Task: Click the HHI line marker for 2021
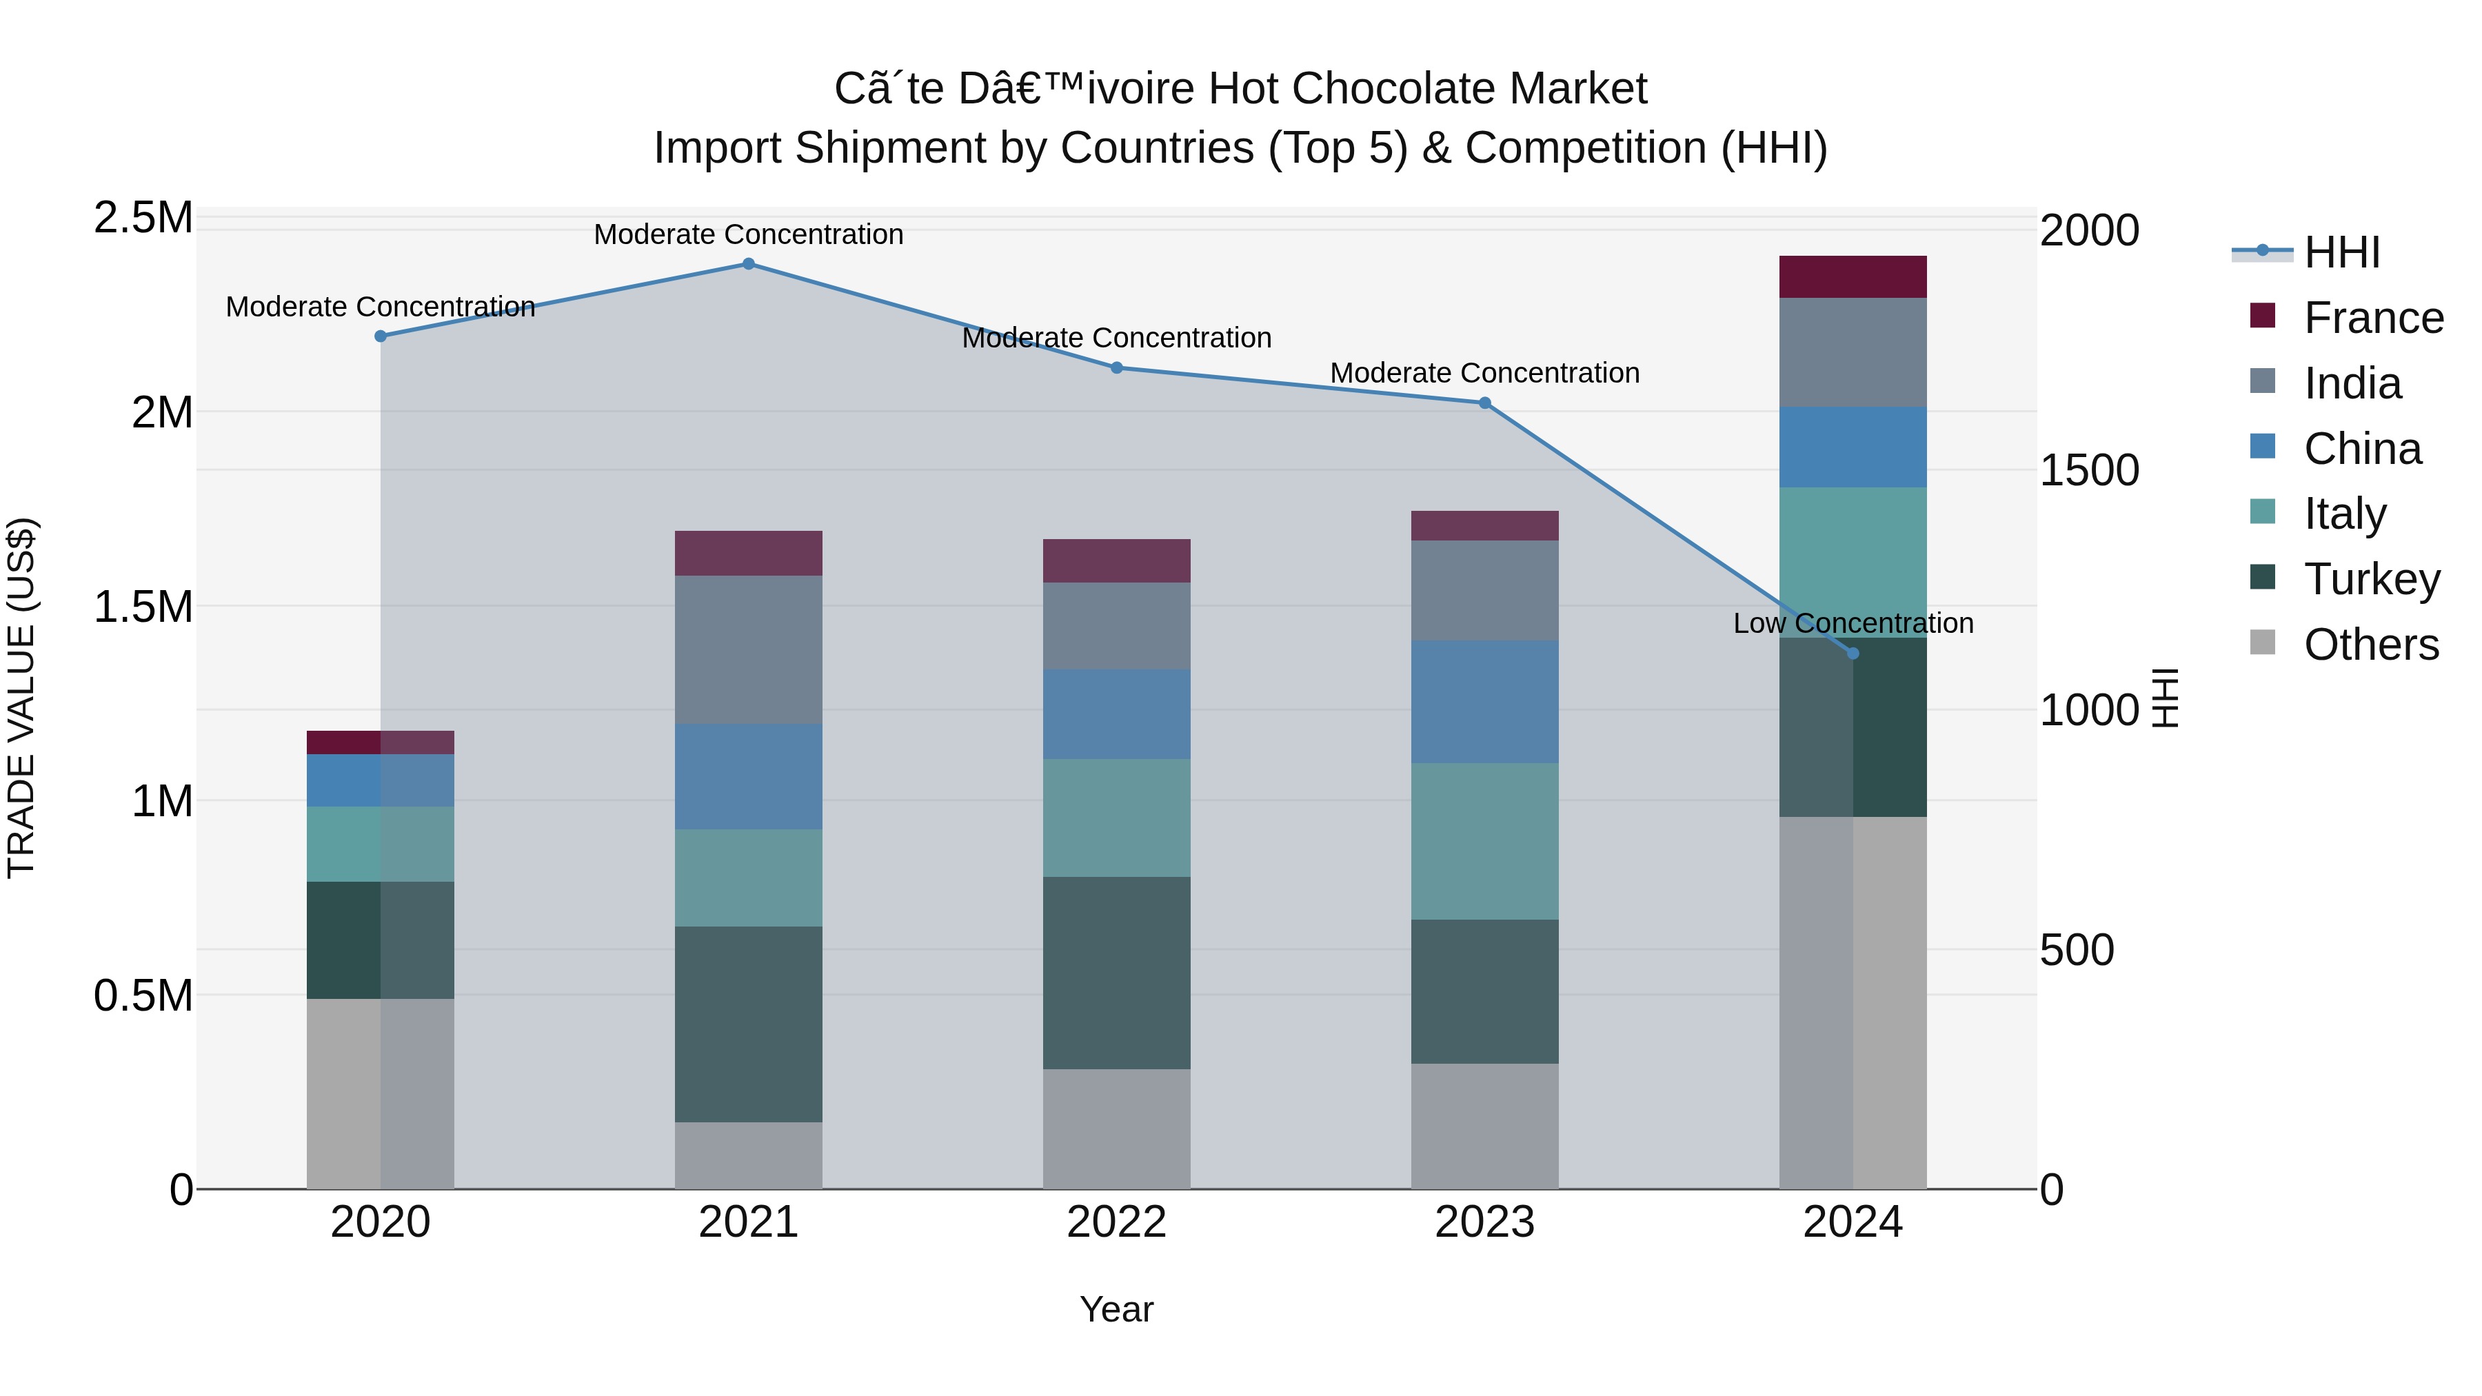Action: pyautogui.click(x=749, y=264)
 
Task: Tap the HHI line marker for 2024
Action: pyautogui.click(x=1852, y=654)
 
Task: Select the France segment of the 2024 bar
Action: pyautogui.click(x=1852, y=277)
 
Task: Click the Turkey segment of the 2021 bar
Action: pyautogui.click(x=749, y=1024)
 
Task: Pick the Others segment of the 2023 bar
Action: pyautogui.click(x=1485, y=1126)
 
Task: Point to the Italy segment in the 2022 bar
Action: pyautogui.click(x=1117, y=818)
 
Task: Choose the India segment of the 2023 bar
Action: pyautogui.click(x=1485, y=591)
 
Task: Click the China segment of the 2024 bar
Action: pyautogui.click(x=1852, y=447)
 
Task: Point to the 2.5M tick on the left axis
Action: pyautogui.click(x=143, y=219)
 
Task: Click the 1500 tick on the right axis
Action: pyautogui.click(x=2089, y=471)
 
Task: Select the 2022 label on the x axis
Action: pyautogui.click(x=1117, y=1222)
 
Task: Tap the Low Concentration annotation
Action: pyautogui.click(x=1852, y=623)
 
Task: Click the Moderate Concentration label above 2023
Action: pyautogui.click(x=1485, y=373)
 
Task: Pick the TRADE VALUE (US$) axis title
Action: pyautogui.click(x=21, y=698)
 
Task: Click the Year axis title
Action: pyautogui.click(x=1117, y=1309)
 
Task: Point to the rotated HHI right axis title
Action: pyautogui.click(x=2165, y=698)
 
